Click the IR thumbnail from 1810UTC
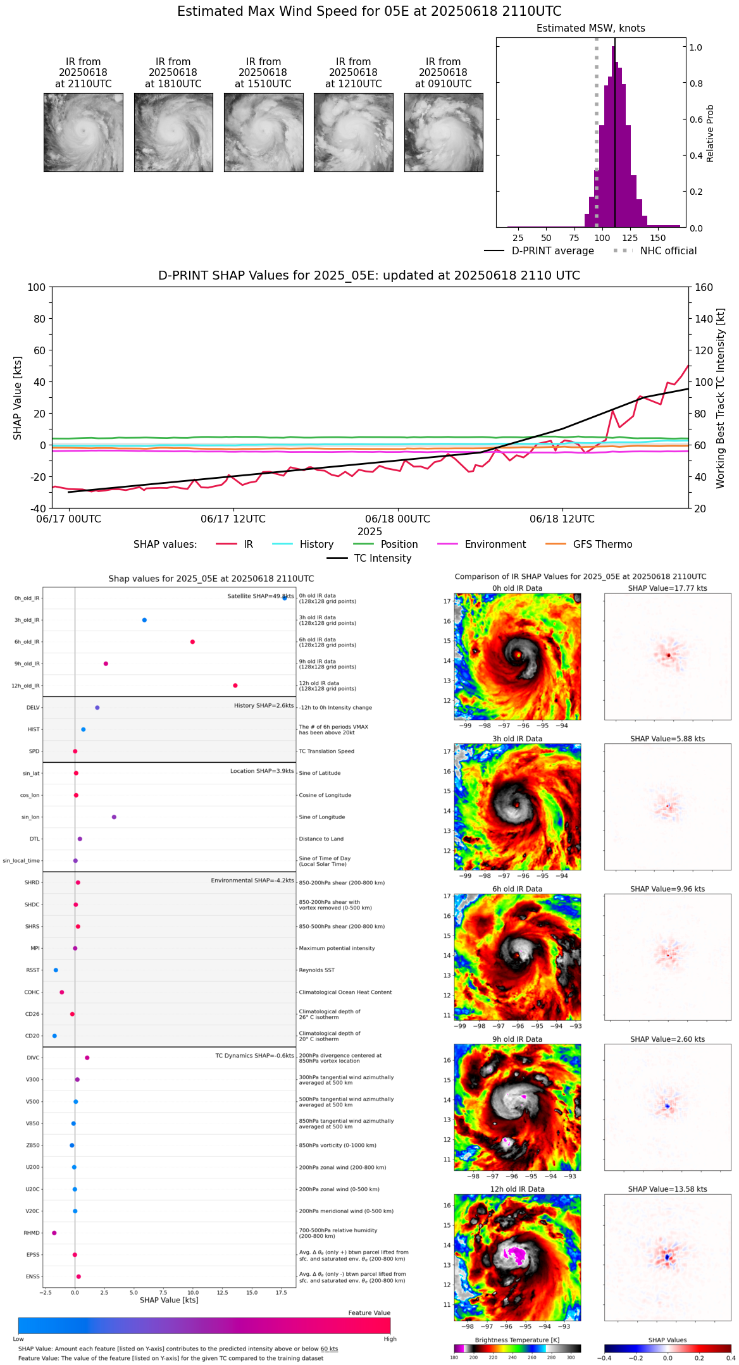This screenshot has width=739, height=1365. coord(173,132)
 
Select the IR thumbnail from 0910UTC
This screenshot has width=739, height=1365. coord(444,132)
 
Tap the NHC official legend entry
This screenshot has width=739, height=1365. coord(668,251)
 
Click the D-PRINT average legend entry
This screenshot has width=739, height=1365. coord(552,251)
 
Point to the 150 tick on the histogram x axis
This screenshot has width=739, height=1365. coord(658,238)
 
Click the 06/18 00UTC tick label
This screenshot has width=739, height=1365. coord(397,519)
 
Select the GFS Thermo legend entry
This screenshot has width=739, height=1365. coord(602,545)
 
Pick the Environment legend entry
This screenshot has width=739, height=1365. coord(495,545)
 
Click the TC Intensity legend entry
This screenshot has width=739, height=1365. coord(382,559)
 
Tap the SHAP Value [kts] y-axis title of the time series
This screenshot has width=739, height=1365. coord(18,398)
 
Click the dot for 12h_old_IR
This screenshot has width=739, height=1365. coord(235,686)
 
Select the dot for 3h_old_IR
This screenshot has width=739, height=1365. coord(144,620)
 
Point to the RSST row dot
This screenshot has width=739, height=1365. coord(56,970)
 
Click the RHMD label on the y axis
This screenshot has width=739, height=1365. coord(32,1233)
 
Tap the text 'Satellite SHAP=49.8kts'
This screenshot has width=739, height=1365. coord(260,596)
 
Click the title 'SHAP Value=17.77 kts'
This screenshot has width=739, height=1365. coord(668,588)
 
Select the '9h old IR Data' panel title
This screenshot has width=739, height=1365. coord(517,1039)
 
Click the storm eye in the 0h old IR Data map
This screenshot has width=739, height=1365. coord(518,655)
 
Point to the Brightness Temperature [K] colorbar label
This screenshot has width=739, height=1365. coord(517,1340)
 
